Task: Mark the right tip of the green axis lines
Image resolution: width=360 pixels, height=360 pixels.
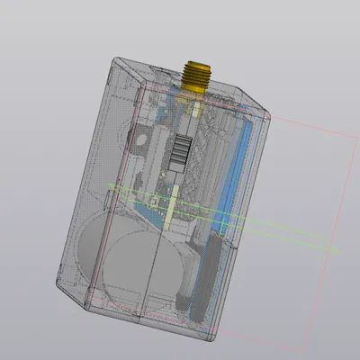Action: [339, 248]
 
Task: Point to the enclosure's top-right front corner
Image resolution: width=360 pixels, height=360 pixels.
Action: [269, 109]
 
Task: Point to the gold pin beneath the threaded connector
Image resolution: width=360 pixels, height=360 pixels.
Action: [194, 112]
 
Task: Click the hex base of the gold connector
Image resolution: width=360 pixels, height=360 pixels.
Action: [195, 87]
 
